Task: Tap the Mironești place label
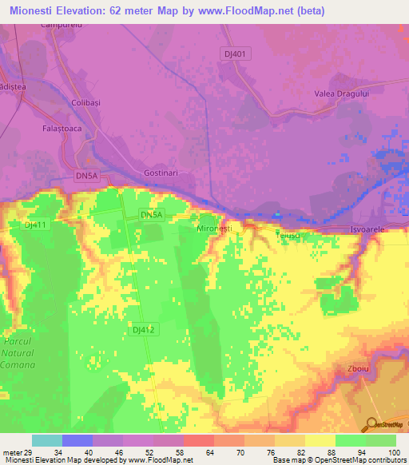pyautogui.click(x=214, y=229)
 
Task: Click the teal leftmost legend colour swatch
pyautogui.click(x=46, y=440)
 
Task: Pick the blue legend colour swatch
pyautogui.click(x=77, y=440)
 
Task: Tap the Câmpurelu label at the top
pyautogui.click(x=61, y=26)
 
